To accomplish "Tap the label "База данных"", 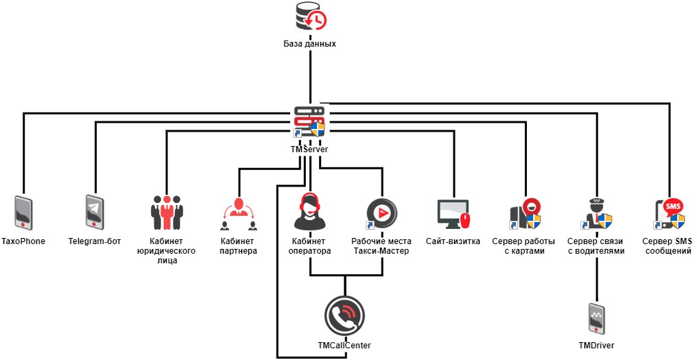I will coord(310,44).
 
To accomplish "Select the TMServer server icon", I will coord(309,122).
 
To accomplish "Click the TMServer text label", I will coord(309,149).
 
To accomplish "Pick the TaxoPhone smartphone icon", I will coord(23,213).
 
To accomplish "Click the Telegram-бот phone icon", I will coord(95,213).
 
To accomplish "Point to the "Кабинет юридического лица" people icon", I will coord(167,213).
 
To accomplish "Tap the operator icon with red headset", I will coord(309,212).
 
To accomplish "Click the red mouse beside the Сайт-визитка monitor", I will coord(466,220).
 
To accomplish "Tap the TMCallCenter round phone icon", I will coord(344,315).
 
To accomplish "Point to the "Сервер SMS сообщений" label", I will coord(668,246).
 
